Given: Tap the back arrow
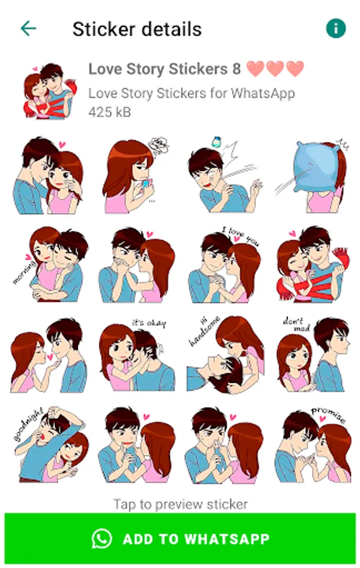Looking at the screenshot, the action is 28,28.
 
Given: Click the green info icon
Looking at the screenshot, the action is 336,28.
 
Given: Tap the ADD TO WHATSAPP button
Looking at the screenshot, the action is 180,538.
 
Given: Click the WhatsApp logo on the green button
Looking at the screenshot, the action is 102,539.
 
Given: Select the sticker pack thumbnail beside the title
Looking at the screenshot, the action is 49,91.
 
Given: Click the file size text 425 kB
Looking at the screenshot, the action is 109,112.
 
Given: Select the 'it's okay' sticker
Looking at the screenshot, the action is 136,355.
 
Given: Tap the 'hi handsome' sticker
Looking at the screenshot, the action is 225,355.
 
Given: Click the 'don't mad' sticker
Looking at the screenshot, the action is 313,354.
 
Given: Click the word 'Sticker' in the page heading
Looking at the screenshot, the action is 99,29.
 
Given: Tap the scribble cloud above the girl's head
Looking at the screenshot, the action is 159,146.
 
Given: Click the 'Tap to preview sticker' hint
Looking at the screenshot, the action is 181,504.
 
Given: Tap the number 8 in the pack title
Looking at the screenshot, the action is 236,69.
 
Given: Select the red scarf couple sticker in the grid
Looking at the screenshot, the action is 313,264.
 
